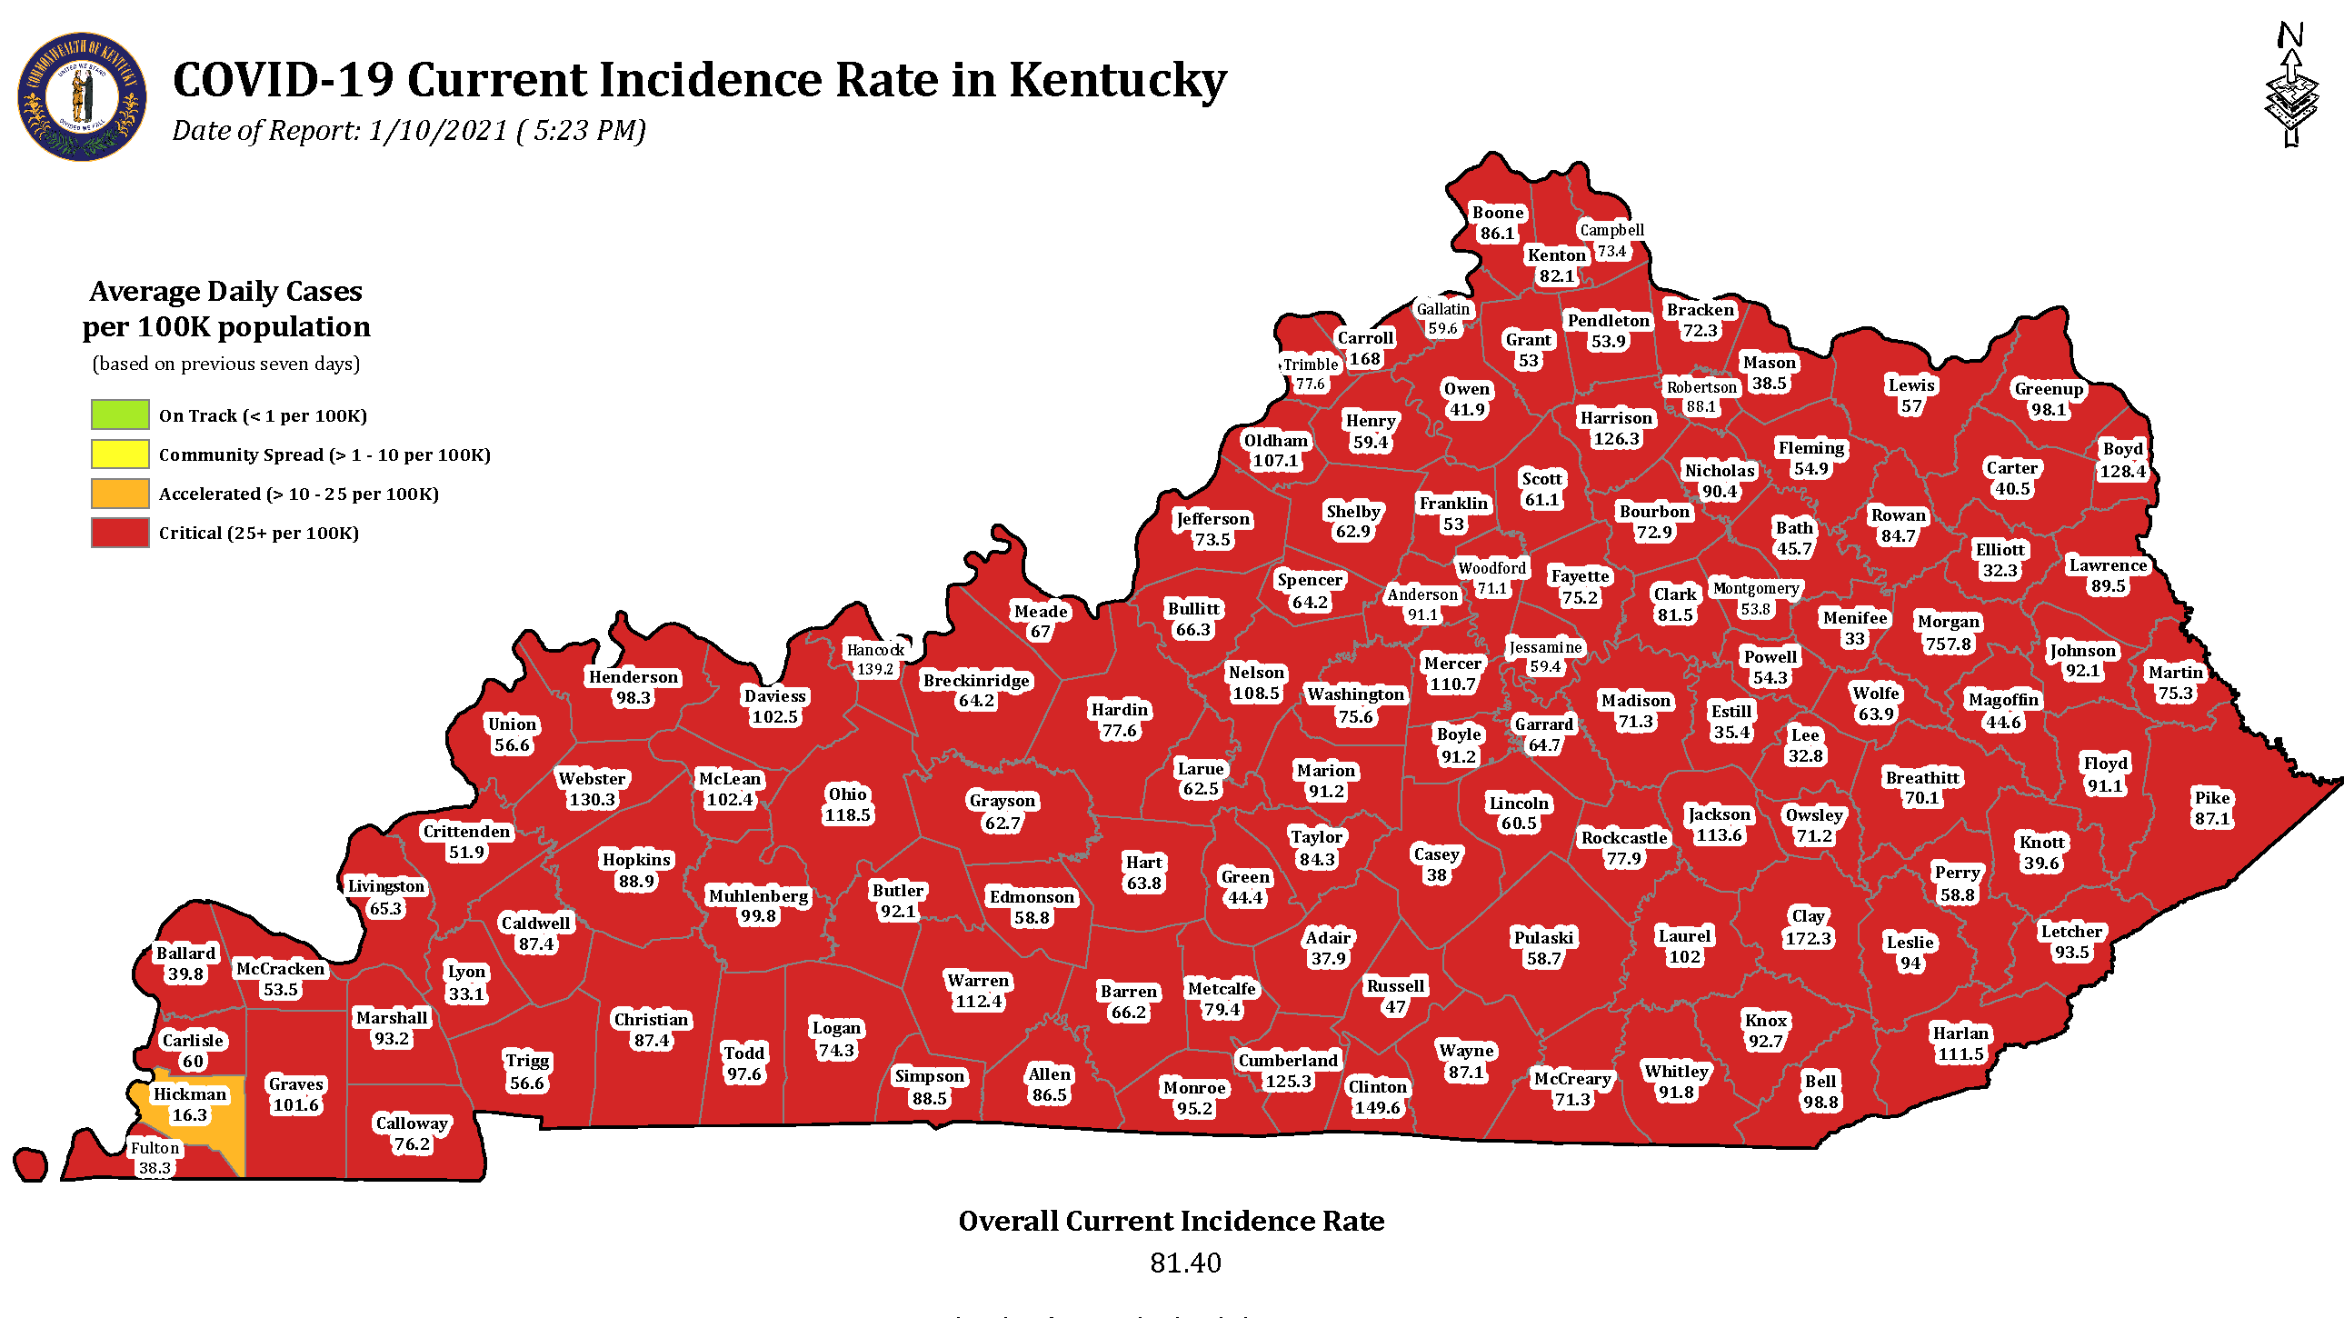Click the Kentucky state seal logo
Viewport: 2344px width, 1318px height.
[82, 97]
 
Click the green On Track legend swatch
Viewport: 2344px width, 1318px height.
[120, 414]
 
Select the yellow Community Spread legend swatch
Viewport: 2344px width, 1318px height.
[120, 454]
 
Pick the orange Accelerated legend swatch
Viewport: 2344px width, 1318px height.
[120, 493]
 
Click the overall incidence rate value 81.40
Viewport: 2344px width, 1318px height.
[1185, 1263]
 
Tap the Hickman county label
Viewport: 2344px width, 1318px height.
[189, 1094]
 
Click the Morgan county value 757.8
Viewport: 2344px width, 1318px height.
[1947, 644]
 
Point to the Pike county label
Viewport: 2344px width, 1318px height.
[2212, 797]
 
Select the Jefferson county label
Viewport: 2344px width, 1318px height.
[1213, 519]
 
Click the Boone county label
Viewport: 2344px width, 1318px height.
[1498, 212]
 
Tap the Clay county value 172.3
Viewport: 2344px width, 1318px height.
[1807, 937]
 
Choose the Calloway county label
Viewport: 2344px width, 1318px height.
[412, 1123]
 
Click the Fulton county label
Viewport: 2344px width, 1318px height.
[155, 1148]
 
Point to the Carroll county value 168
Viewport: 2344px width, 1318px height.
[1364, 359]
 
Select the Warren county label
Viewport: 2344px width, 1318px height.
[978, 980]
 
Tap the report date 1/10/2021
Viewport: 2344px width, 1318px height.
[437, 130]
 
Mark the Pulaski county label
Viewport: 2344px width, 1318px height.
[1543, 937]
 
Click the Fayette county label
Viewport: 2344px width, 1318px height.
[1580, 576]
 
